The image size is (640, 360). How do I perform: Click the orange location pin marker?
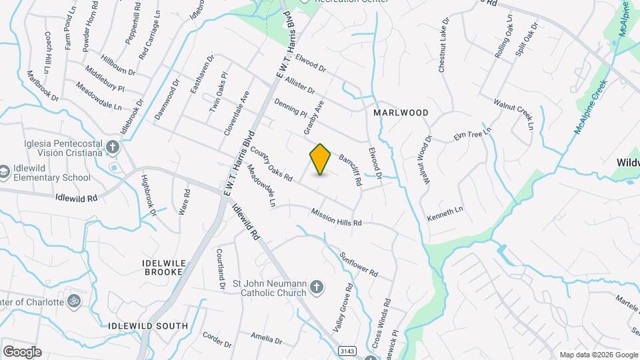click(321, 159)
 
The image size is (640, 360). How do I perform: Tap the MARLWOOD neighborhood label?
click(400, 113)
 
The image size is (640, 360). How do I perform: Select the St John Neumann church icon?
click(317, 287)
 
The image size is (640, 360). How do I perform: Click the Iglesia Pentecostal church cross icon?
click(113, 147)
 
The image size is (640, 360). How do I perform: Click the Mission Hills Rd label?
click(336, 217)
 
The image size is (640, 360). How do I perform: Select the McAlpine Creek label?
click(591, 107)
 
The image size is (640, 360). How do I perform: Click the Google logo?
click(22, 351)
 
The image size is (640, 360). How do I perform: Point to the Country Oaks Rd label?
click(271, 165)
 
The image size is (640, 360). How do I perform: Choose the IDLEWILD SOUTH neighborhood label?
click(147, 325)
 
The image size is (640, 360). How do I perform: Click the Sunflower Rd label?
click(358, 264)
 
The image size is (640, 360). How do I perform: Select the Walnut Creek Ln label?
click(514, 114)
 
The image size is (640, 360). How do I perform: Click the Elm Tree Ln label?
click(472, 133)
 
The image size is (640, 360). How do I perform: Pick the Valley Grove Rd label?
click(342, 308)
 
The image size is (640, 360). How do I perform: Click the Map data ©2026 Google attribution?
click(598, 355)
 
